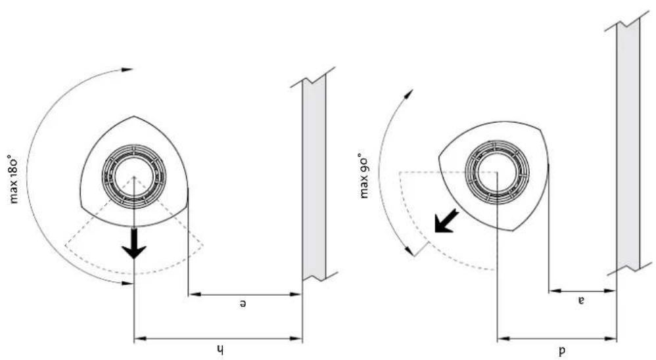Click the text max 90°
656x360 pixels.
click(364, 177)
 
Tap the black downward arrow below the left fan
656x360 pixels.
click(134, 243)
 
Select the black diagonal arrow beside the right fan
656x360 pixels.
click(446, 221)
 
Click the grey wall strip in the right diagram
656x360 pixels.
click(628, 145)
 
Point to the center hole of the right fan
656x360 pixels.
click(497, 172)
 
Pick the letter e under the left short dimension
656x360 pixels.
click(243, 304)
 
